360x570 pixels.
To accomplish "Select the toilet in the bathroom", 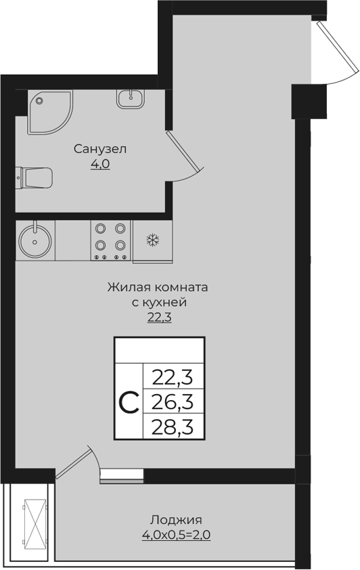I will click(35, 178).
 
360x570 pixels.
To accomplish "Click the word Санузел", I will click(101, 148).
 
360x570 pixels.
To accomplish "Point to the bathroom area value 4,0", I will click(101, 163).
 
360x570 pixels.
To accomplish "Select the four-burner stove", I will click(111, 240).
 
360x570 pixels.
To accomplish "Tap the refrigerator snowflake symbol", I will click(152, 240).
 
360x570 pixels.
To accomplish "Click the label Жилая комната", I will click(158, 288).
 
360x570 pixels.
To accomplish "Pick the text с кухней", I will click(158, 303).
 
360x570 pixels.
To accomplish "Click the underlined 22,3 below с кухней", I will click(159, 317).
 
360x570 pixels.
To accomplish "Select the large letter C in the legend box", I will click(129, 403).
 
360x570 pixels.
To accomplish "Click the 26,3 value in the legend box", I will click(173, 402).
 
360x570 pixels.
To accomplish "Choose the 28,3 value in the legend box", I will click(173, 428).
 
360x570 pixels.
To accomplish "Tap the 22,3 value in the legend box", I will click(173, 376).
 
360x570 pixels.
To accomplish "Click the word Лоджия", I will click(176, 520).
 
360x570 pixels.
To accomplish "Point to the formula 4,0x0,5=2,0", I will click(176, 535).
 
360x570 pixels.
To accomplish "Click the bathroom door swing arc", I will click(186, 162).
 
